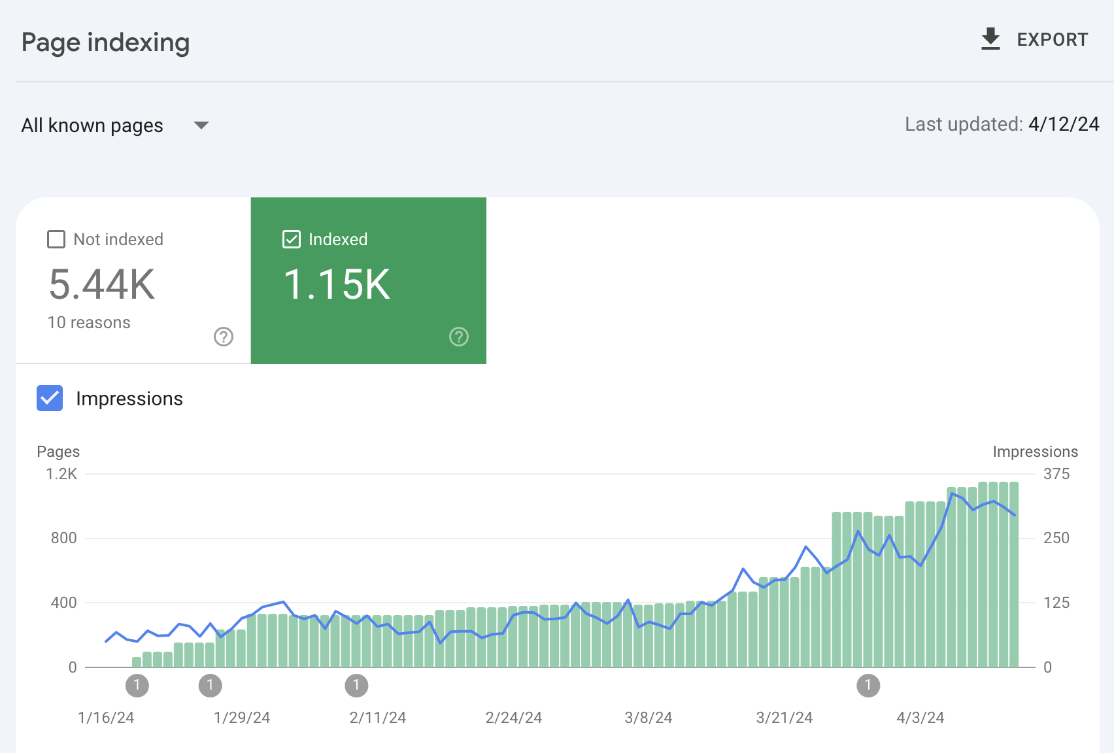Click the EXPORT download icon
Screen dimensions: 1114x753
coord(990,39)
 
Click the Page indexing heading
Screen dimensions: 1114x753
coord(105,42)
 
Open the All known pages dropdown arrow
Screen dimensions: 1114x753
coord(201,125)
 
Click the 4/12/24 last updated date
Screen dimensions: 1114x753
coord(1064,124)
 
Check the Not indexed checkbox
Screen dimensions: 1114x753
coord(56,239)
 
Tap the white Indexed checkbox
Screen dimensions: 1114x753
coord(292,239)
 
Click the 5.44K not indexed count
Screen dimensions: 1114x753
coord(102,284)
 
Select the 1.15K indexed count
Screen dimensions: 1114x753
coord(337,284)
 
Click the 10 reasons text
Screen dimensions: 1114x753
coord(89,322)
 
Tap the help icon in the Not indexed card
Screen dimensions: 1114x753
coord(224,337)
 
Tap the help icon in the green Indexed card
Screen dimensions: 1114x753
coord(459,337)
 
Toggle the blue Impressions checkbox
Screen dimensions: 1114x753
coord(50,398)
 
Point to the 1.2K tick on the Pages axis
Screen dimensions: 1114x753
coord(61,474)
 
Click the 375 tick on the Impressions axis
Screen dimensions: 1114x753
coord(1057,474)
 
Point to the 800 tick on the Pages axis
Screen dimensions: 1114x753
coord(63,538)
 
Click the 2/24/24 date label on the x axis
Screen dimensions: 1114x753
coord(514,718)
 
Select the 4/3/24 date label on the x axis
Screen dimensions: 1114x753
coord(920,718)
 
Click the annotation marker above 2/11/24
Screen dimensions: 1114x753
coord(356,686)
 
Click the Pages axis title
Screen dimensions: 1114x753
coord(58,452)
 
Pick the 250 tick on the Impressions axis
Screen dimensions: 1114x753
coord(1057,538)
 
